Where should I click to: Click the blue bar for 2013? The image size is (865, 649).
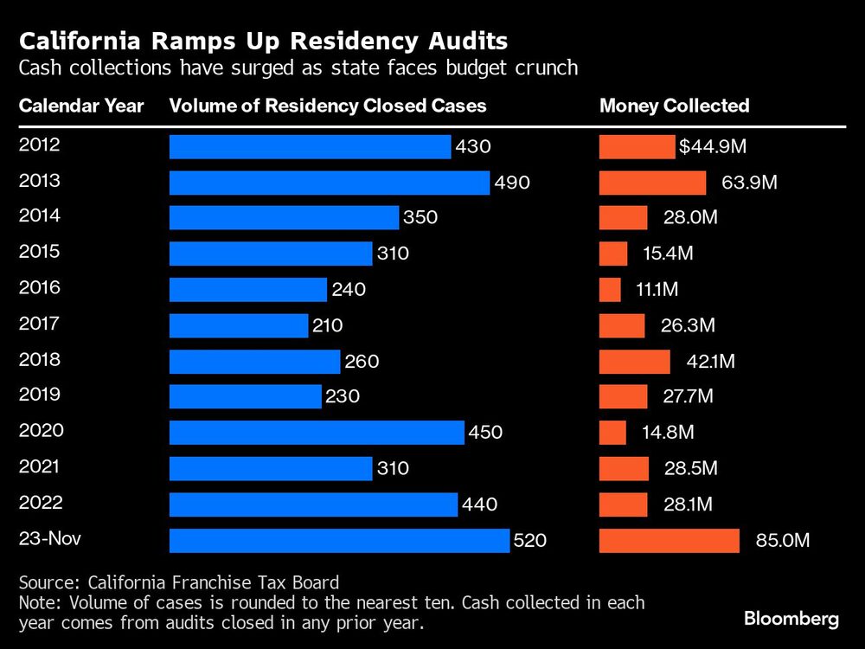pos(329,183)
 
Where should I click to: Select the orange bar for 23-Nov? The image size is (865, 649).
pos(669,541)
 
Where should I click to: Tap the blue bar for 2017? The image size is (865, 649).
pos(239,326)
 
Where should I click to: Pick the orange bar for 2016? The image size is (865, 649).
pos(610,290)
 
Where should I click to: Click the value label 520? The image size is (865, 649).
pos(530,541)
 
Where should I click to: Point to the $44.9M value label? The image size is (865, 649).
pos(712,147)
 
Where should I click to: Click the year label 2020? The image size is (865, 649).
pos(41,430)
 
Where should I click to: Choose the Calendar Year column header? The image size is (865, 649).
pos(81,106)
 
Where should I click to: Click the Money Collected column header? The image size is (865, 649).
pos(674,106)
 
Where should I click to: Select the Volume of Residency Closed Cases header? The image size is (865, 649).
pos(328,106)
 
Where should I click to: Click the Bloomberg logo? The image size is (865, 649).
pos(791,619)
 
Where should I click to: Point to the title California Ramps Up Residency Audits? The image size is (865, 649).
pos(263,41)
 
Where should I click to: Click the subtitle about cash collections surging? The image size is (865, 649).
pos(298,67)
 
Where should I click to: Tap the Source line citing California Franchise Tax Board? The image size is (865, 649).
pos(178,582)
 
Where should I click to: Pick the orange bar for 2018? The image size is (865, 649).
pos(634,362)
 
